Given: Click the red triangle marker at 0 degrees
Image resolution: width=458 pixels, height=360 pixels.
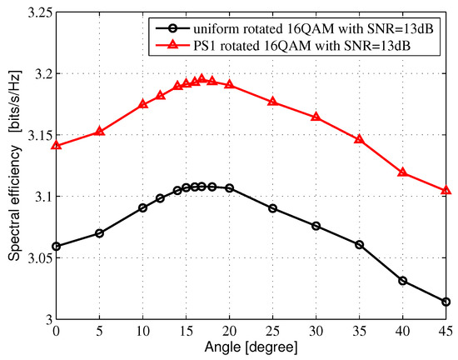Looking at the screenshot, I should click(57, 146).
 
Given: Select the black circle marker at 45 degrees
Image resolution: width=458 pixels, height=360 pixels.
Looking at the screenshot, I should click(446, 302).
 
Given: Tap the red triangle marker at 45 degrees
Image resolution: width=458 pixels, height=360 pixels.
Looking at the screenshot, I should click(446, 191).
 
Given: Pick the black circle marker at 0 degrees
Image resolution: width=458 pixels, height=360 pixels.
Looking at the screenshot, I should click(57, 246).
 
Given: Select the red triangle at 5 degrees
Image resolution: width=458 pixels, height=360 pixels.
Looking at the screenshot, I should click(100, 131).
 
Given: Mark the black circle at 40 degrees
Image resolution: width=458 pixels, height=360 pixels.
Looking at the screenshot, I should click(402, 281).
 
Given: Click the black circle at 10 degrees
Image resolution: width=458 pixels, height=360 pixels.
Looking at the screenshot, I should click(143, 207).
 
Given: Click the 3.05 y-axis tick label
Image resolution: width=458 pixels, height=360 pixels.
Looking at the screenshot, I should click(37, 258).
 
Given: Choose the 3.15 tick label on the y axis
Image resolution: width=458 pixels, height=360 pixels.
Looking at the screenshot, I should click(37, 136).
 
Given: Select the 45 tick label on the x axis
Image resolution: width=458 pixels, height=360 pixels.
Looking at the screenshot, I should click(446, 331).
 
